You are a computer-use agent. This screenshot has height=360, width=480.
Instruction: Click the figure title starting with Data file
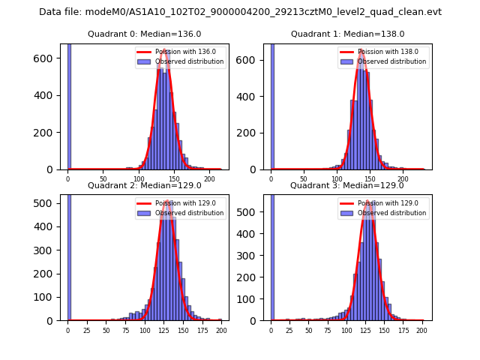[240, 12]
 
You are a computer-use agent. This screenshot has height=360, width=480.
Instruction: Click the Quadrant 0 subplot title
[144, 34]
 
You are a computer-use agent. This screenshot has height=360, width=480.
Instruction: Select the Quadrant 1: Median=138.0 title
[347, 34]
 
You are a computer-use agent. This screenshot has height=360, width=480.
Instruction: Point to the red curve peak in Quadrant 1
[361, 50]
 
